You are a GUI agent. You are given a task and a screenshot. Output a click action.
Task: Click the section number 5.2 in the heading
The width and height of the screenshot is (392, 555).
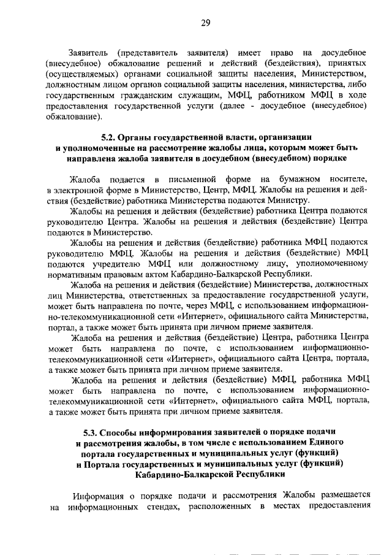click(x=108, y=137)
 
